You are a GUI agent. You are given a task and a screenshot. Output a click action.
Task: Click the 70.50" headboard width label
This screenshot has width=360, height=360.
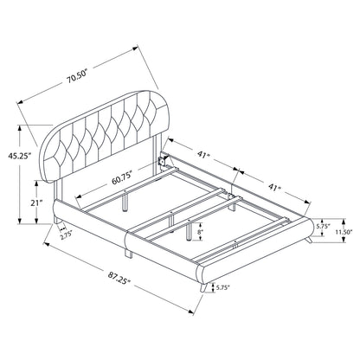click(77, 78)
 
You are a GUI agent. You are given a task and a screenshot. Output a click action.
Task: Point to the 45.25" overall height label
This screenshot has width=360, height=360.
click(19, 156)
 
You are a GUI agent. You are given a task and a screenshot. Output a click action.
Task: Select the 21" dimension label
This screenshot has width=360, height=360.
click(36, 202)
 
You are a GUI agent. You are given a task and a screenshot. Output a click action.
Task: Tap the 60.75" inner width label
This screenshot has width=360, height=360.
click(122, 179)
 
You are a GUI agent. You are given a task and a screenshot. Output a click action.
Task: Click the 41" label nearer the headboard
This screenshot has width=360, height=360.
click(203, 154)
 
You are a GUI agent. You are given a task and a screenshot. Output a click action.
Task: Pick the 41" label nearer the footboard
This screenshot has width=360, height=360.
click(274, 187)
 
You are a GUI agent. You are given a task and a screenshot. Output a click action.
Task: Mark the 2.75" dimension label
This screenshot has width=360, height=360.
click(66, 236)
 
